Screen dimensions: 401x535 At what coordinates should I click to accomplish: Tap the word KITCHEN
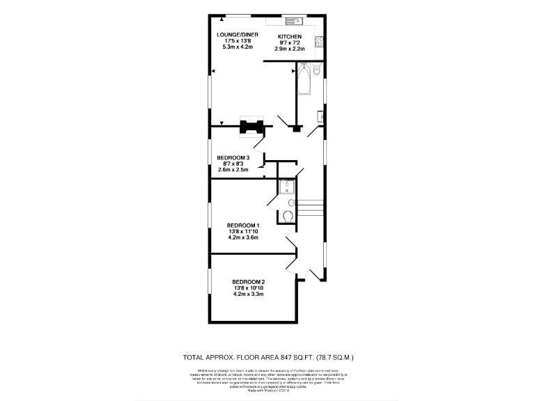coord(289,36)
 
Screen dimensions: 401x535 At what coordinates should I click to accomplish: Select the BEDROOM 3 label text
coord(233,157)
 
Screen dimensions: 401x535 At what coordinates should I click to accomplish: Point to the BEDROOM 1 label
coord(243,225)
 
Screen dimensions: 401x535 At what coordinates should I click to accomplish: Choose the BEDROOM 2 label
coord(249,281)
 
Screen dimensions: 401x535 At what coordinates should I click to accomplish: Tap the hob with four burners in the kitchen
coord(319,40)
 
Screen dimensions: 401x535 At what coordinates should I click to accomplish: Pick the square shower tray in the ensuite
coord(287,187)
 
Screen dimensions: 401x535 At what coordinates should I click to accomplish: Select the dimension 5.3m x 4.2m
coord(237,47)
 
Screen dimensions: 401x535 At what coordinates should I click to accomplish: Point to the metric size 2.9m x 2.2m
coord(290,48)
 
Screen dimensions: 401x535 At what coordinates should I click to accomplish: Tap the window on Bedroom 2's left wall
coord(211,287)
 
